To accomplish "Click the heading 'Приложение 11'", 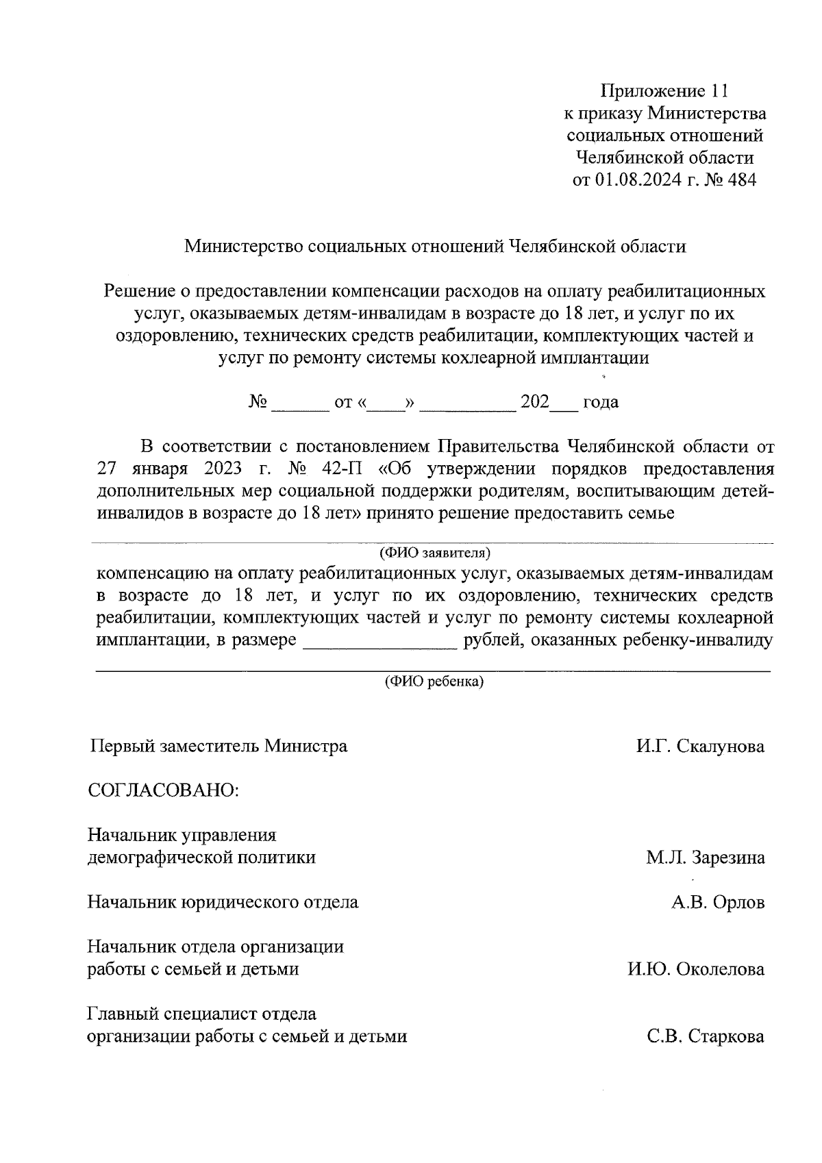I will pyautogui.click(x=662, y=90).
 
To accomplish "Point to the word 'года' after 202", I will pyautogui.click(x=600, y=402).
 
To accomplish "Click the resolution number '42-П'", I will pyautogui.click(x=340, y=469).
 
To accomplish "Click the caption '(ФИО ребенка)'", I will pyautogui.click(x=434, y=681).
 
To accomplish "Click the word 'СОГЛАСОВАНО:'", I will pyautogui.click(x=163, y=790).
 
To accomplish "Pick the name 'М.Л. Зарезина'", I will pyautogui.click(x=705, y=858).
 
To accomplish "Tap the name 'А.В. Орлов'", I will pyautogui.click(x=717, y=902).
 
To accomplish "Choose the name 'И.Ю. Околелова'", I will pyautogui.click(x=696, y=969).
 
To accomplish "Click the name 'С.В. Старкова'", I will pyautogui.click(x=706, y=1036).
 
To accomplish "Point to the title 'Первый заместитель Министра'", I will pyautogui.click(x=219, y=746).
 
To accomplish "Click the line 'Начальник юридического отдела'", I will pyautogui.click(x=223, y=902).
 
